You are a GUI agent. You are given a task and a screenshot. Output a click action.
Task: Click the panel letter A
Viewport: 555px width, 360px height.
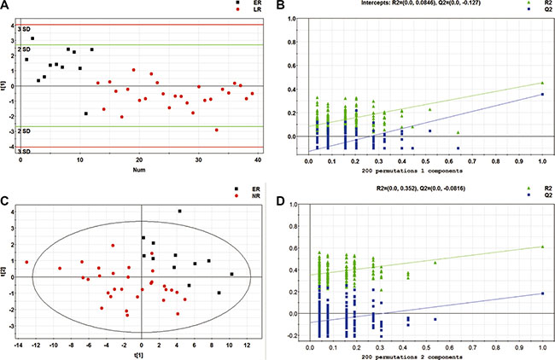pyautogui.click(x=6, y=7)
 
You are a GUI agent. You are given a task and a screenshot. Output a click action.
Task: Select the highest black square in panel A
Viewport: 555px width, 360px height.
pyautogui.click(x=32, y=38)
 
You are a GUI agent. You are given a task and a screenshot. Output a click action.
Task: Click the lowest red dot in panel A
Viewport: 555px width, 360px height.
pyautogui.click(x=217, y=130)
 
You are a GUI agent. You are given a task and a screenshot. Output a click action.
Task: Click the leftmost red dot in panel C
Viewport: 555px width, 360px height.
pyautogui.click(x=27, y=262)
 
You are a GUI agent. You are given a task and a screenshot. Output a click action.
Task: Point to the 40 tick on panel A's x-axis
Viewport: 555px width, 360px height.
pyautogui.click(x=258, y=159)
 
